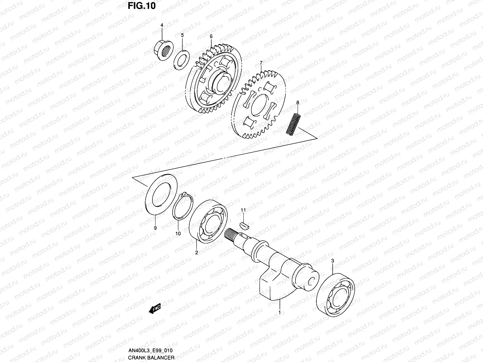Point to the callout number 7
[261, 63]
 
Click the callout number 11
[243, 210]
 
